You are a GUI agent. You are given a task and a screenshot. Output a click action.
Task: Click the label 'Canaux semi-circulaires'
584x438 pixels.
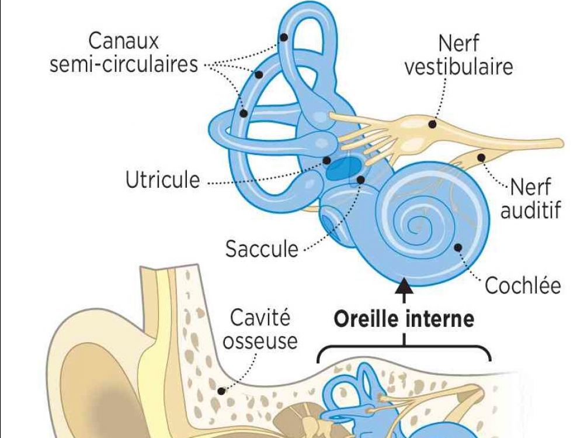(124, 53)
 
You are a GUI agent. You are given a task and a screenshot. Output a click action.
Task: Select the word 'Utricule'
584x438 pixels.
(162, 180)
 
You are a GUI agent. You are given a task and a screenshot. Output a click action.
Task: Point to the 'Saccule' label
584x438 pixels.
(262, 250)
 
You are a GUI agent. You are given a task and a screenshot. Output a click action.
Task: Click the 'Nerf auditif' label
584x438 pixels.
(530, 199)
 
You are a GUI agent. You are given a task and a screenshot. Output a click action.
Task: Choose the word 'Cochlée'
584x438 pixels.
(523, 286)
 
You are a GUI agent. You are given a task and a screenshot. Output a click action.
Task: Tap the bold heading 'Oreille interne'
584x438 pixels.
(404, 319)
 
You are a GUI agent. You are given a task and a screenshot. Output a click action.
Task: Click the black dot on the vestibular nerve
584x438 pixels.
(432, 123)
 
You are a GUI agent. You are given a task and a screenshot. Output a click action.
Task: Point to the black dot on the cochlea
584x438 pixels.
(458, 247)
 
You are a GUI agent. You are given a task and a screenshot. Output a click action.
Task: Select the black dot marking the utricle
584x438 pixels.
(326, 160)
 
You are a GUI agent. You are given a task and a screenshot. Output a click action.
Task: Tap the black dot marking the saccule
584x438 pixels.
(360, 180)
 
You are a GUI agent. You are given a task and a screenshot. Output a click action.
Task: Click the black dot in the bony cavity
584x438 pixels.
(221, 391)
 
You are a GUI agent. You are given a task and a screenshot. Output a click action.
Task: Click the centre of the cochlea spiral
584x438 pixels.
(418, 223)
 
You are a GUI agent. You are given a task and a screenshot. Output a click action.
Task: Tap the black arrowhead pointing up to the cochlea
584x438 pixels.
(404, 286)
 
